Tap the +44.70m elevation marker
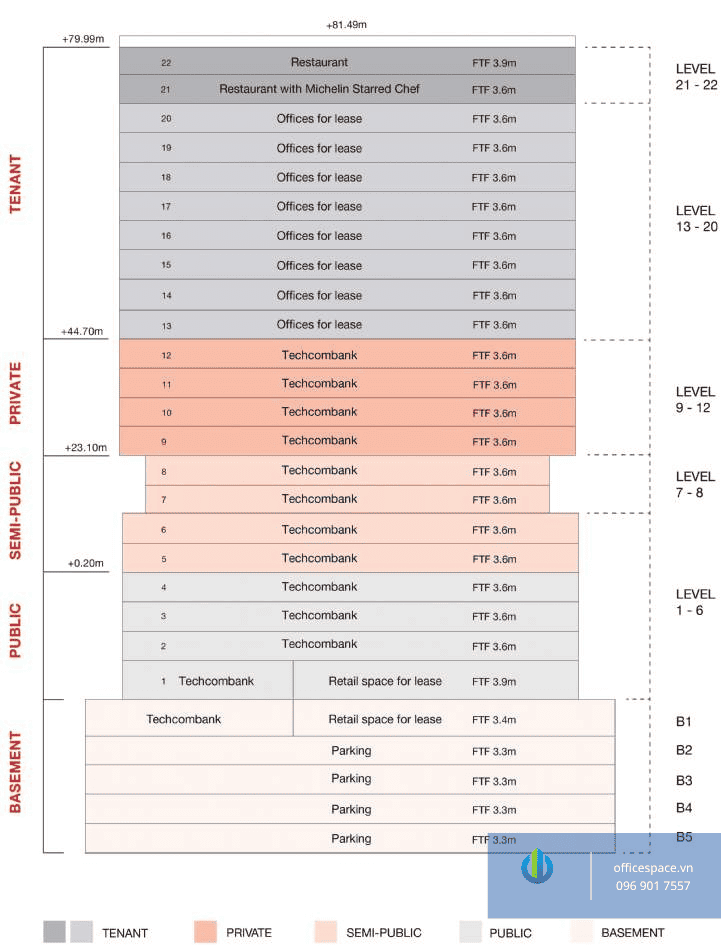coord(82,331)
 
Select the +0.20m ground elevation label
coord(86,564)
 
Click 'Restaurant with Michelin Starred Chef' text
coord(319,89)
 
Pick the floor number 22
coord(166,62)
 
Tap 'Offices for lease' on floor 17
coord(319,206)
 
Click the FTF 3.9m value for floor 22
coord(494,63)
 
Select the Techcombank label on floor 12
coord(319,355)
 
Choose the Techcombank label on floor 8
coord(319,470)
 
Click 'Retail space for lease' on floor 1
coord(385,681)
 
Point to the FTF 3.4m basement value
coord(494,720)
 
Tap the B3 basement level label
coord(684,780)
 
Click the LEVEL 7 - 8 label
coord(695,485)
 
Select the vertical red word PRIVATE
coord(15,394)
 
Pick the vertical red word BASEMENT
coord(15,773)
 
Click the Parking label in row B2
coord(351,750)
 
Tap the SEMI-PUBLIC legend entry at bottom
coord(383,933)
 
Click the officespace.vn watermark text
coord(653,868)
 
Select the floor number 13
coord(166,325)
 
